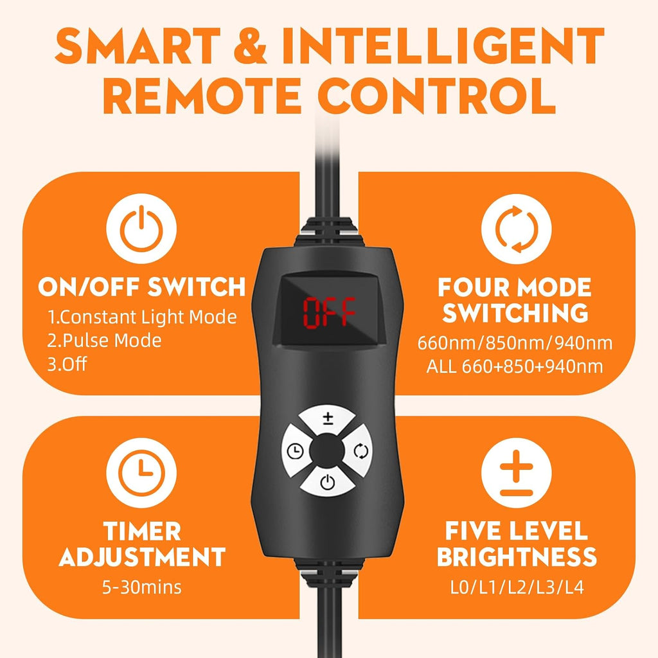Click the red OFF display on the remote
[329, 312]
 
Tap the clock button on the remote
[295, 451]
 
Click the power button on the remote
[328, 482]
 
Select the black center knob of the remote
[327, 450]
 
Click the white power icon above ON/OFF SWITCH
[141, 229]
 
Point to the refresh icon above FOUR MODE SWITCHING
[516, 229]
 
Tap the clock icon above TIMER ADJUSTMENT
[141, 472]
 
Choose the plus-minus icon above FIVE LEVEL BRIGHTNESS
[516, 472]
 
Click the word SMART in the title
[138, 46]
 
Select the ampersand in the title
[250, 46]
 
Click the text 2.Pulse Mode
[104, 341]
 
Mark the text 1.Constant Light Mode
[142, 317]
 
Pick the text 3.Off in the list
[67, 364]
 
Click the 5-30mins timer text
[142, 587]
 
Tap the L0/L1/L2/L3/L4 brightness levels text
[517, 587]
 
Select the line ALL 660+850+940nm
[515, 366]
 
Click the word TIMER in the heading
[142, 531]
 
